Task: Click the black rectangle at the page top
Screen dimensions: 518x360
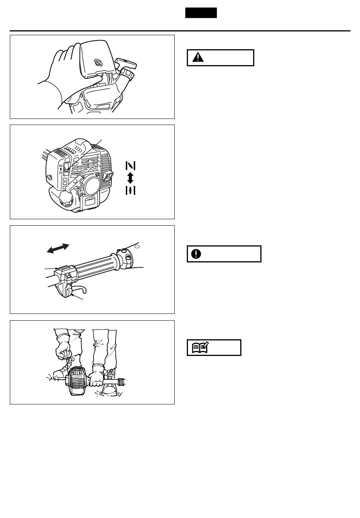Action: (201, 13)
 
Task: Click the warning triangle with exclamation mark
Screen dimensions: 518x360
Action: (198, 58)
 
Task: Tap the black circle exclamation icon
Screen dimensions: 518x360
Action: (196, 254)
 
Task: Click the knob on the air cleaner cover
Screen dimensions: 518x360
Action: (99, 63)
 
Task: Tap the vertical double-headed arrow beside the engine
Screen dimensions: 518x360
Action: (130, 178)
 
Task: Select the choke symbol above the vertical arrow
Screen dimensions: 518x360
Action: (130, 166)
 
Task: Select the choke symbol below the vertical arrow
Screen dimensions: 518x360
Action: (130, 190)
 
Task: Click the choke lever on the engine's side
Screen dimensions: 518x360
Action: (67, 167)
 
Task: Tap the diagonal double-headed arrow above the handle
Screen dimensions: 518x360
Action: (58, 248)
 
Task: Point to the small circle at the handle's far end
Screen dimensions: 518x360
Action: (138, 246)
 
